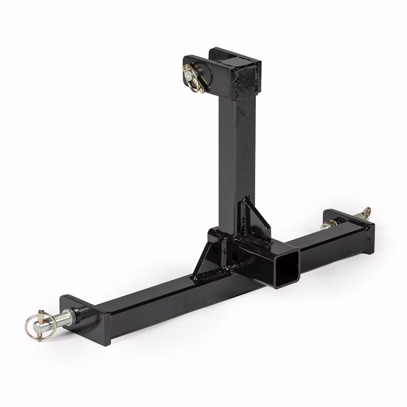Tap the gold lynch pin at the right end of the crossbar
pyautogui.click(x=366, y=214)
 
